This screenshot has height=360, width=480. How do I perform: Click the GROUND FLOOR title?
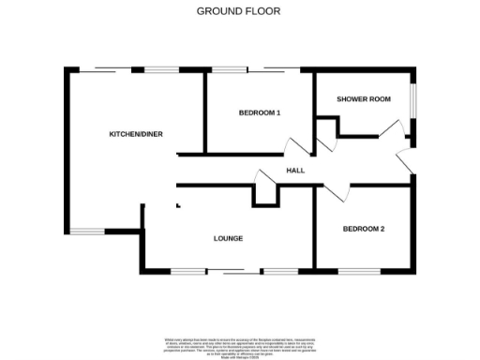click(238, 11)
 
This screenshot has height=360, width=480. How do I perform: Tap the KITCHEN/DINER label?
click(136, 134)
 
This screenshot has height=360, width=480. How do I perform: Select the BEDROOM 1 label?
click(260, 113)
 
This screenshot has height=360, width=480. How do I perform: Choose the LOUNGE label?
click(228, 238)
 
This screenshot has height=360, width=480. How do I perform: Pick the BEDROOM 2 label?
click(364, 229)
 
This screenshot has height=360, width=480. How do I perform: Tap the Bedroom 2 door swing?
click(336, 192)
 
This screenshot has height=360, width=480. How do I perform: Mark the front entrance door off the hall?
click(407, 161)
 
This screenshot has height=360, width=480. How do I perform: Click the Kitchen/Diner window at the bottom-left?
click(90, 232)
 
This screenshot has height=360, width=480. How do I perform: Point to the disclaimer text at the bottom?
click(239, 344)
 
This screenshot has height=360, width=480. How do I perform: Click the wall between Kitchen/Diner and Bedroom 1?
click(204, 112)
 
